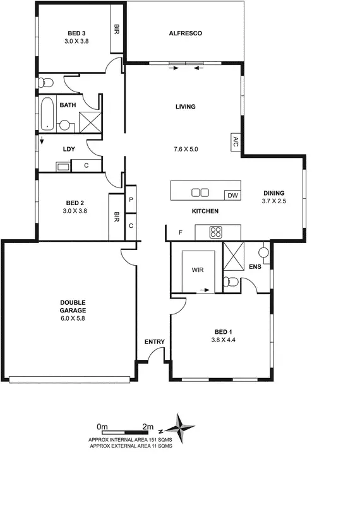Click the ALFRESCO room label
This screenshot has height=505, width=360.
[x=185, y=33]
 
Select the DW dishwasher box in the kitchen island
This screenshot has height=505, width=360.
[x=232, y=195]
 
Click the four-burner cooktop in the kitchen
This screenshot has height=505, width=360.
[x=215, y=232]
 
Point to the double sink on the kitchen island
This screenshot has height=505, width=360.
[x=200, y=193]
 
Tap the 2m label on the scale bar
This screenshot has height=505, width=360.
[x=148, y=426]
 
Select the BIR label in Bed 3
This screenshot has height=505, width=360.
[x=117, y=29]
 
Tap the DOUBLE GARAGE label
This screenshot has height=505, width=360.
[x=73, y=306]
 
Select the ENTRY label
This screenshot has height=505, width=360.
[x=155, y=342]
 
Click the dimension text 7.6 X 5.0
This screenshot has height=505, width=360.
[x=186, y=150]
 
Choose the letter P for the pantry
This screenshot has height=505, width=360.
[x=131, y=200]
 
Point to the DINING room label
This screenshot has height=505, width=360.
[x=274, y=193]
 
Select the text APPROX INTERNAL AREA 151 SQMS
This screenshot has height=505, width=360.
[x=131, y=439]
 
